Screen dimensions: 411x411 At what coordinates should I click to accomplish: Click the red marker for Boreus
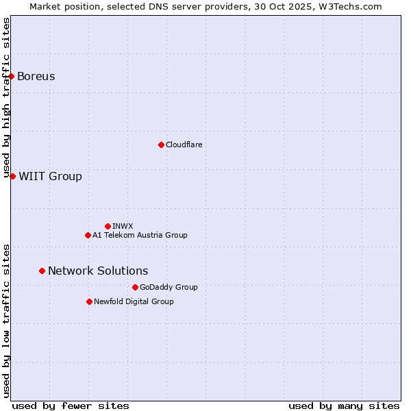pos(12,76)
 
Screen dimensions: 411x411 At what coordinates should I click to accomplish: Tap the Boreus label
pos(36,76)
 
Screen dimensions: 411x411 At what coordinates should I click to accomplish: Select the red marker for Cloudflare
pos(161,145)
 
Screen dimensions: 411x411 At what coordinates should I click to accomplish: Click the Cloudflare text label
pos(184,145)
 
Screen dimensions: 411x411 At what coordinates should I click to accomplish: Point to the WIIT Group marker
pos(12,176)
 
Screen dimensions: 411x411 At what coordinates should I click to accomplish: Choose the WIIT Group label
pos(50,177)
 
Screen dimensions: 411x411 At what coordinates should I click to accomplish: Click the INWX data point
pos(108,226)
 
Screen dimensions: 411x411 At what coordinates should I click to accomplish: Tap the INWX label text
pos(123,226)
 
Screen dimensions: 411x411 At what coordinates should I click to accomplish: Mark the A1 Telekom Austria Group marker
pos(88,235)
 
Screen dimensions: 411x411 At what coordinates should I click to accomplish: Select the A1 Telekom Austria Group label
pos(140,235)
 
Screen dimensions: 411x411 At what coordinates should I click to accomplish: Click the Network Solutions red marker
pos(42,271)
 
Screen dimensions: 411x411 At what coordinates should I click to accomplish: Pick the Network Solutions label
pos(98,271)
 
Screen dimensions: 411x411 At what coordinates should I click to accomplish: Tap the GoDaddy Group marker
pos(135,287)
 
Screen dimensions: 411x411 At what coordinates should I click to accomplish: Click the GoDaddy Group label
pos(169,287)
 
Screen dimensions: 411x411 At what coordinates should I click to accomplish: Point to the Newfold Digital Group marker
pos(89,301)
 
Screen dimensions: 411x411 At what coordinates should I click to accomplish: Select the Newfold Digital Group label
pos(134,301)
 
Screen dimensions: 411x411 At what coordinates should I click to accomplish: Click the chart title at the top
pos(206,6)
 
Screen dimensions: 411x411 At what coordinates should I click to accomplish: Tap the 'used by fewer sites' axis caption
pos(71,406)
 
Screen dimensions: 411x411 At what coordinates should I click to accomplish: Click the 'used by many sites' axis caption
pos(344,406)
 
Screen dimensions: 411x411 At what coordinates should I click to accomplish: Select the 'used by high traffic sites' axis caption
pos(6,97)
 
